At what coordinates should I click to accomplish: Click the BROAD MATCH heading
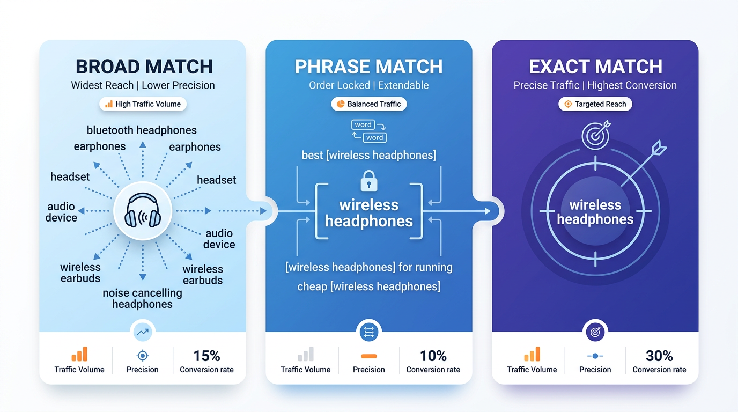pos(144,67)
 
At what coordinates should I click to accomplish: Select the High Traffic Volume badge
pos(143,104)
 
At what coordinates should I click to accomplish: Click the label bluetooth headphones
pos(142,130)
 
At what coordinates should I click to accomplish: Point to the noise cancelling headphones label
pos(142,299)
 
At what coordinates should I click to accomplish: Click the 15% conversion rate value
pos(206,356)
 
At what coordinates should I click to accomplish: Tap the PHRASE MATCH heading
pos(369,67)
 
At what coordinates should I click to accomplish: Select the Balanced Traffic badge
pos(369,104)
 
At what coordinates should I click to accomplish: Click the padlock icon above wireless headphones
pos(369,181)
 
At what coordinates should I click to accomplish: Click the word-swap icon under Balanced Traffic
pos(369,131)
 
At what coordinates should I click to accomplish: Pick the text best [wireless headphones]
pos(369,156)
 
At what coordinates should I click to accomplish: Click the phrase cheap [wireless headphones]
pos(369,286)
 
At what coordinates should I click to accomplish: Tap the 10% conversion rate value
pos(433,356)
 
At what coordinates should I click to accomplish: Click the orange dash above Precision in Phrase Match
pos(369,356)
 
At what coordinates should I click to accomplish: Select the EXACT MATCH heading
pos(595,67)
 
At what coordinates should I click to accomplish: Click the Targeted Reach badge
pos(595,104)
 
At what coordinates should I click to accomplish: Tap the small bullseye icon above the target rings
pos(595,135)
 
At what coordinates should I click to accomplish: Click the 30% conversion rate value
pos(659,356)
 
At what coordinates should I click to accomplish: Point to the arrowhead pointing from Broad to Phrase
pos(263,211)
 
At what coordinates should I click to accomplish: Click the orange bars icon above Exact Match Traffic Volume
pos(532,355)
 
